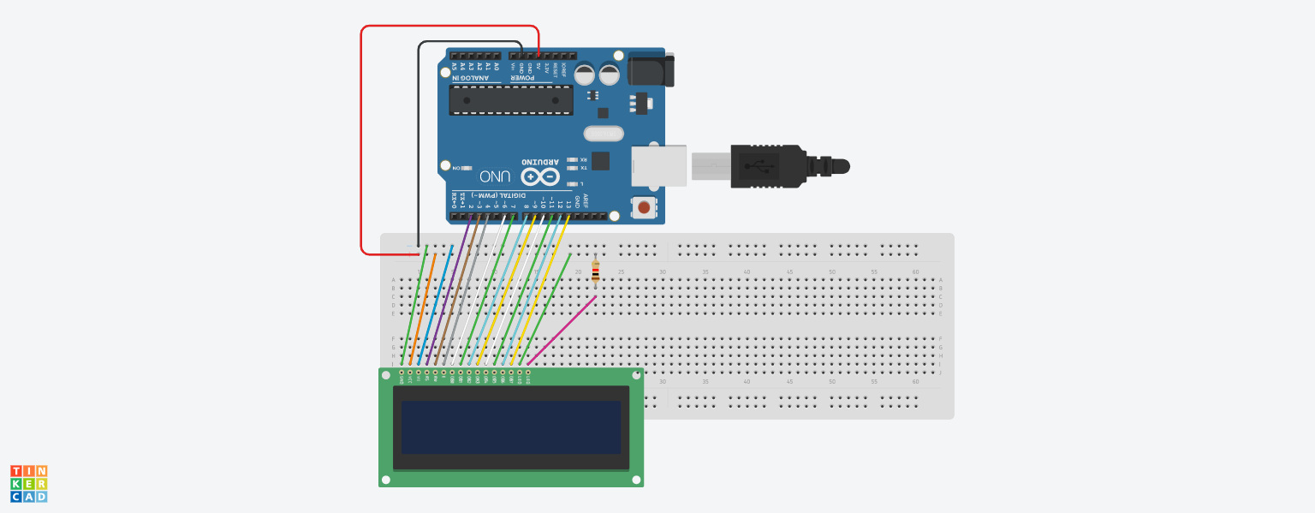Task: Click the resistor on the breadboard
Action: [x=596, y=272]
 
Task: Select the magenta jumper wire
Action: [x=562, y=331]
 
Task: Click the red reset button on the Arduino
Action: [x=644, y=206]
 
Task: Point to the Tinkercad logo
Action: [x=29, y=484]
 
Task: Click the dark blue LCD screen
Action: [x=511, y=427]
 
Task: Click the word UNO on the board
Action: [x=495, y=176]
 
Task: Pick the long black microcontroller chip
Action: [x=511, y=100]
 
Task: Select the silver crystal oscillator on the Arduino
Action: [x=604, y=134]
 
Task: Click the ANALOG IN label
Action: [x=476, y=79]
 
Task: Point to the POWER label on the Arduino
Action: [x=524, y=79]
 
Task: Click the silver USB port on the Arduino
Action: [x=659, y=165]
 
